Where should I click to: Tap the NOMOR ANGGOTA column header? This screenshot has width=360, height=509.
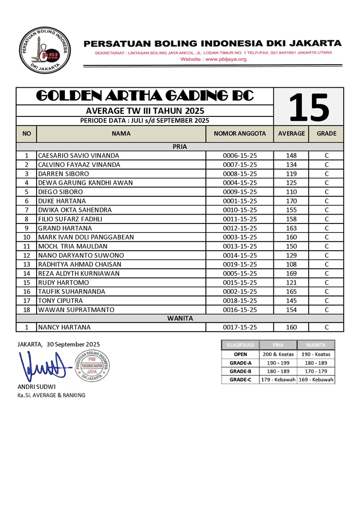point(240,134)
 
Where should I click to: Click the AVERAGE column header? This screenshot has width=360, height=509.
point(291,134)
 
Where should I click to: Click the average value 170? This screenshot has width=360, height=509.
point(291,201)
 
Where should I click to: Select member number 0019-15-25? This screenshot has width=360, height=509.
point(240,264)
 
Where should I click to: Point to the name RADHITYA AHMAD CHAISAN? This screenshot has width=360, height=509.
point(79,264)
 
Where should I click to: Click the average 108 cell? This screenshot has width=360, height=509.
point(291,264)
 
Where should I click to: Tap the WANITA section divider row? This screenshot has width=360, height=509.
point(180,318)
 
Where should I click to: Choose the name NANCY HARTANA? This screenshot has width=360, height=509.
point(64,327)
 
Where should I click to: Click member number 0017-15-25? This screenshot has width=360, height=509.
point(240,327)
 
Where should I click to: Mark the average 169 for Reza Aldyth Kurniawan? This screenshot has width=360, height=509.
point(291,273)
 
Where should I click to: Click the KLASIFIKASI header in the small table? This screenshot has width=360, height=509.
point(240,345)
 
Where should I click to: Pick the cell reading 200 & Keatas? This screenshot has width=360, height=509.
point(278,354)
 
